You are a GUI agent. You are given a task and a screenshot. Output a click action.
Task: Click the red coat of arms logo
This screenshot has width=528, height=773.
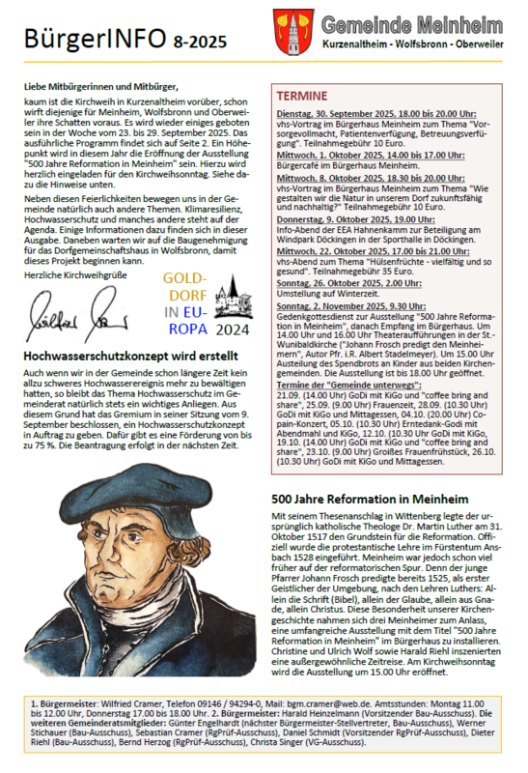[x=292, y=31]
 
